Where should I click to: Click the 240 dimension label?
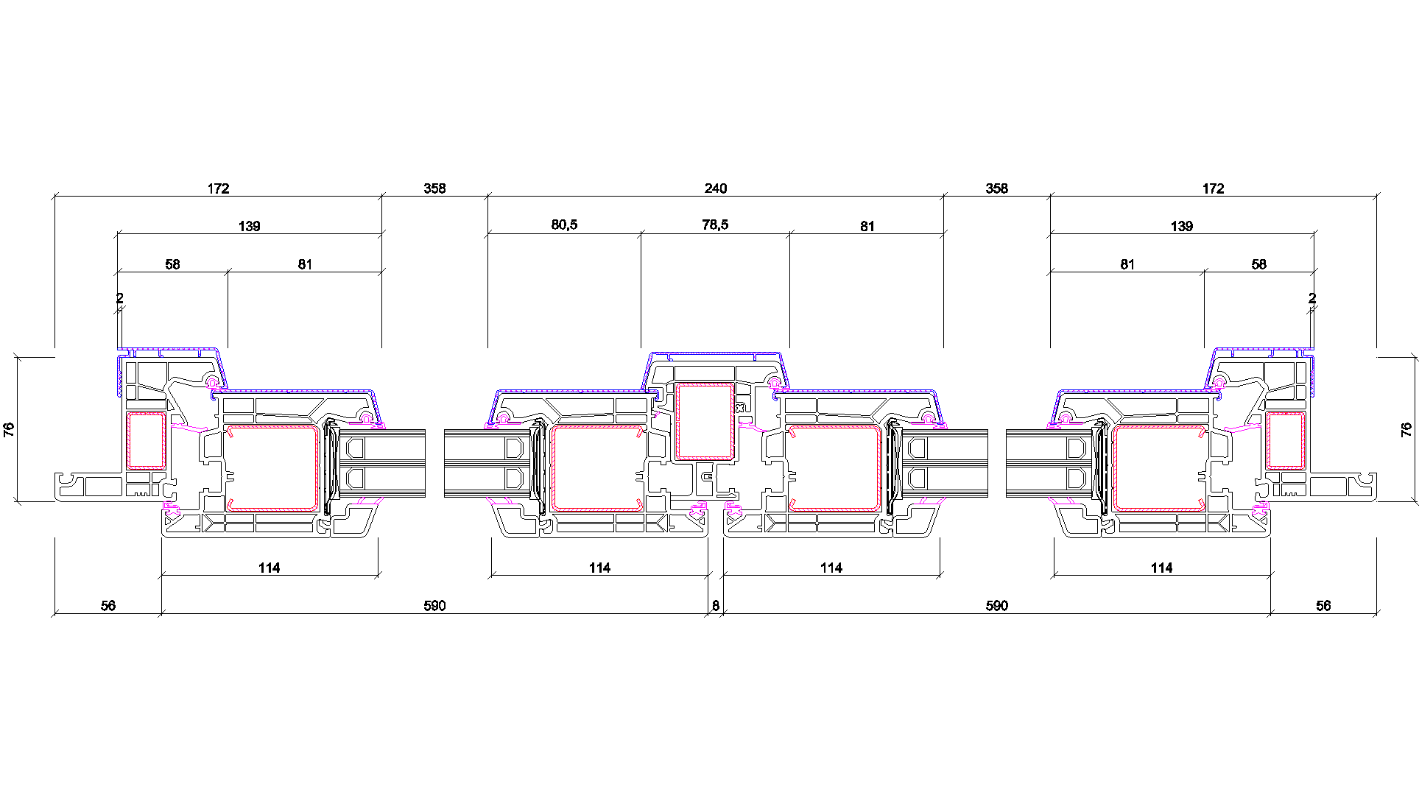(715, 188)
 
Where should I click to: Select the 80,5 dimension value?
(564, 225)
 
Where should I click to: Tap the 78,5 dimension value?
(715, 225)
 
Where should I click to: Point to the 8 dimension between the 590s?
(715, 606)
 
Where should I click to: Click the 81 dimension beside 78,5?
(867, 226)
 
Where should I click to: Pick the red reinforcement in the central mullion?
(705, 422)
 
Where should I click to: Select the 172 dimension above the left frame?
(218, 188)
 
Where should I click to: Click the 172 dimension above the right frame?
(1213, 188)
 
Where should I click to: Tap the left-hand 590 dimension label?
(434, 606)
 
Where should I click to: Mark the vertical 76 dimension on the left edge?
(9, 429)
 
